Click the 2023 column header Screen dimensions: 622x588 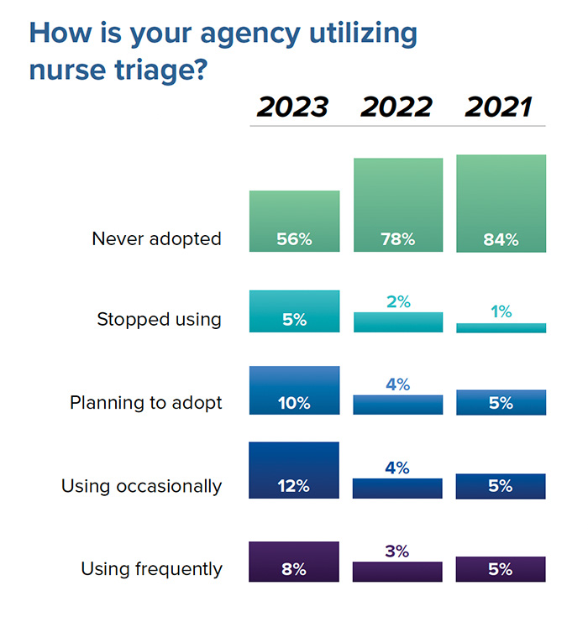pos(292,107)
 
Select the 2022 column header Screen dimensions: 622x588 pos(396,107)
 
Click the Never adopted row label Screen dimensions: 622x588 pos(156,239)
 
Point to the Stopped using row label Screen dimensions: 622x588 pos(159,320)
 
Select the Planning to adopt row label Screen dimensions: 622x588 pos(146,403)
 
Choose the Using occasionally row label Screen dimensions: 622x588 pos(141,486)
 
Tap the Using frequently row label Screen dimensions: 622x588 pos(151,569)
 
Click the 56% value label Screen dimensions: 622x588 pos(294,239)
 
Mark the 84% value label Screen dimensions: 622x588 pos(501,239)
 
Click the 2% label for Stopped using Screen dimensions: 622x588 pos(398,301)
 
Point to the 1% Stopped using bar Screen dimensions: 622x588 pos(501,328)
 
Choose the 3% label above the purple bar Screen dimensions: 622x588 pos(398,551)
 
